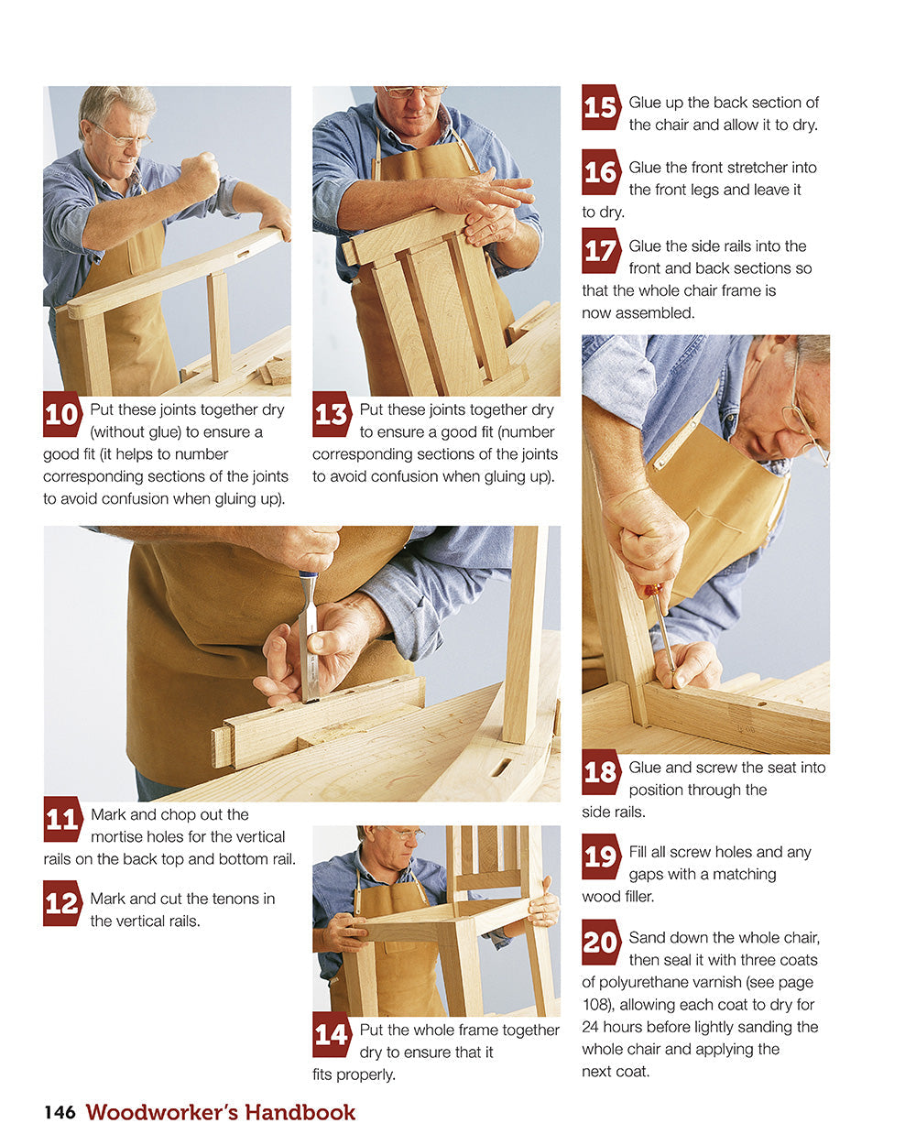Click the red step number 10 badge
coord(61,414)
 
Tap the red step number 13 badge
coord(331,414)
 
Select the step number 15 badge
coord(600,107)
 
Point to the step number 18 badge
coord(600,772)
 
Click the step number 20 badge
coord(600,942)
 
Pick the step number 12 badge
coord(61,903)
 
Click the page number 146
coord(60,1112)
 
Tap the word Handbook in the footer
coord(298,1112)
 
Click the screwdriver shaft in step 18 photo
coord(663,632)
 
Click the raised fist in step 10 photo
coord(201,174)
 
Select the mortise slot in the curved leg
coord(501,767)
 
